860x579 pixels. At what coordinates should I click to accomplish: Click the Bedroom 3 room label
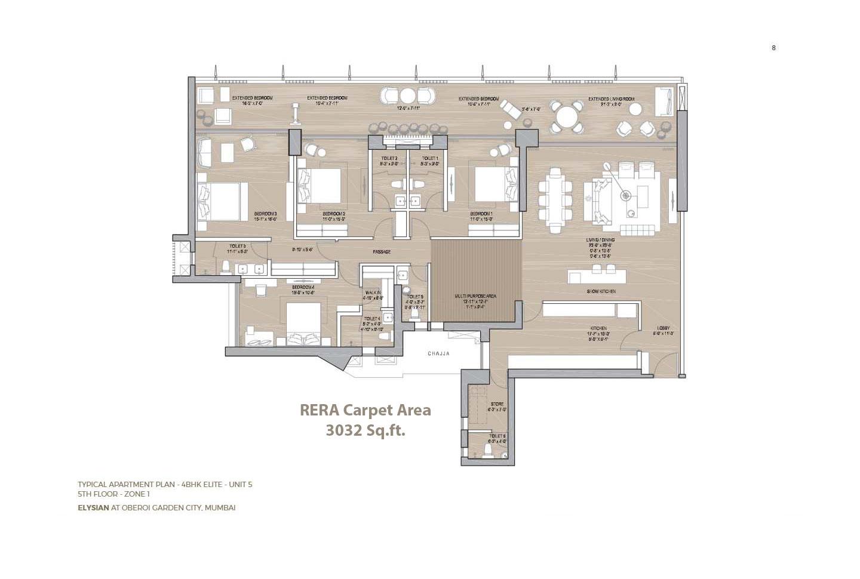265,214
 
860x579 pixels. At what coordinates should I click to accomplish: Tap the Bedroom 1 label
481,214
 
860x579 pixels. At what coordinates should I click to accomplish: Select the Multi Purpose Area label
475,296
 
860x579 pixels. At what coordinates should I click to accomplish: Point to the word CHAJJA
438,354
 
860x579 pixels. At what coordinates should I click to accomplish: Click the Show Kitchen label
601,291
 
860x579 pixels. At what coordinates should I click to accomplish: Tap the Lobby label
664,328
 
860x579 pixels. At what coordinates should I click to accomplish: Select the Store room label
497,404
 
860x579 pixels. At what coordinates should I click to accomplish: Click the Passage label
382,252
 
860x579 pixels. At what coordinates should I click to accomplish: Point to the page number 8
773,48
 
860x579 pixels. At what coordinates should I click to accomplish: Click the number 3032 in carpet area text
343,430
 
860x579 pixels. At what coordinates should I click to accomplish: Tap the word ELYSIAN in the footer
93,507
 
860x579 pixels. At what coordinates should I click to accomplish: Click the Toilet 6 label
496,436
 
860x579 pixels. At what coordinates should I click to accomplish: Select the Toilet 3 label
237,246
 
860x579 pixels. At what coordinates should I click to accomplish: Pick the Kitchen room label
598,328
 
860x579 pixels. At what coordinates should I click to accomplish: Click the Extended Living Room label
611,99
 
